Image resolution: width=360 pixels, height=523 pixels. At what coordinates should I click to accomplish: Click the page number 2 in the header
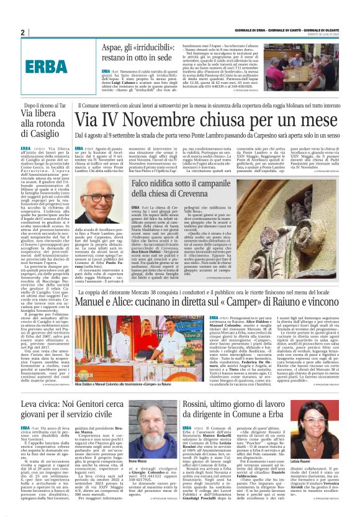point(22,32)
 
